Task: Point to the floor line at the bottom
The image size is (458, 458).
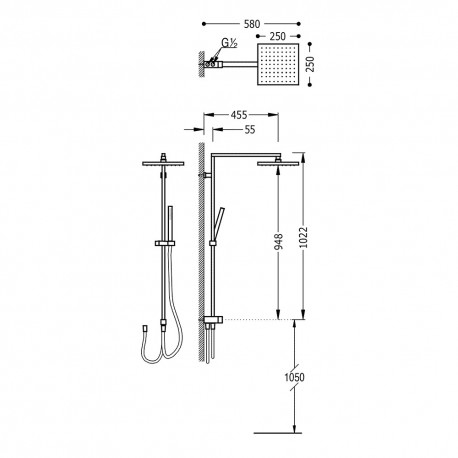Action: [284, 432]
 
